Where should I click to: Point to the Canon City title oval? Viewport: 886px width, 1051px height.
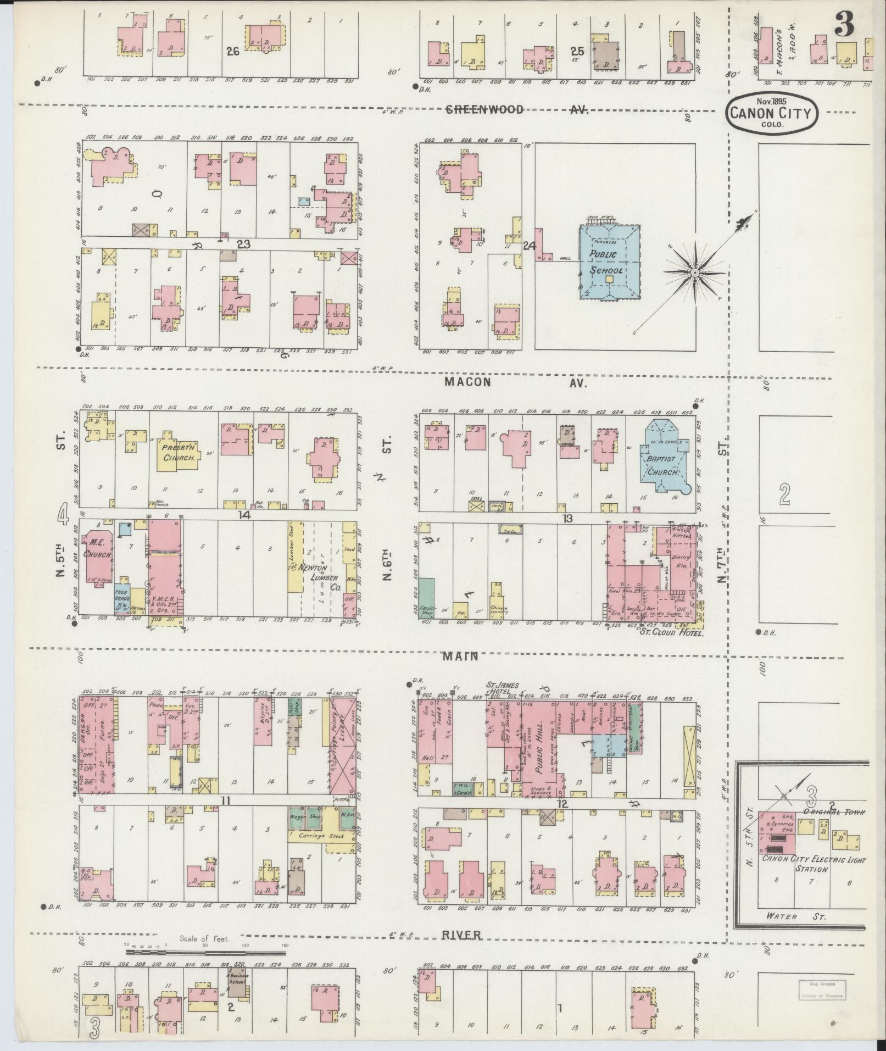772,113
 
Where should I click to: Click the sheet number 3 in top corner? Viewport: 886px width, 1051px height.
844,24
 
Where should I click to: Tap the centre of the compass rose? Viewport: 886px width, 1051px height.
695,273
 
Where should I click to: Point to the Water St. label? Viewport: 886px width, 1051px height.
795,916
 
